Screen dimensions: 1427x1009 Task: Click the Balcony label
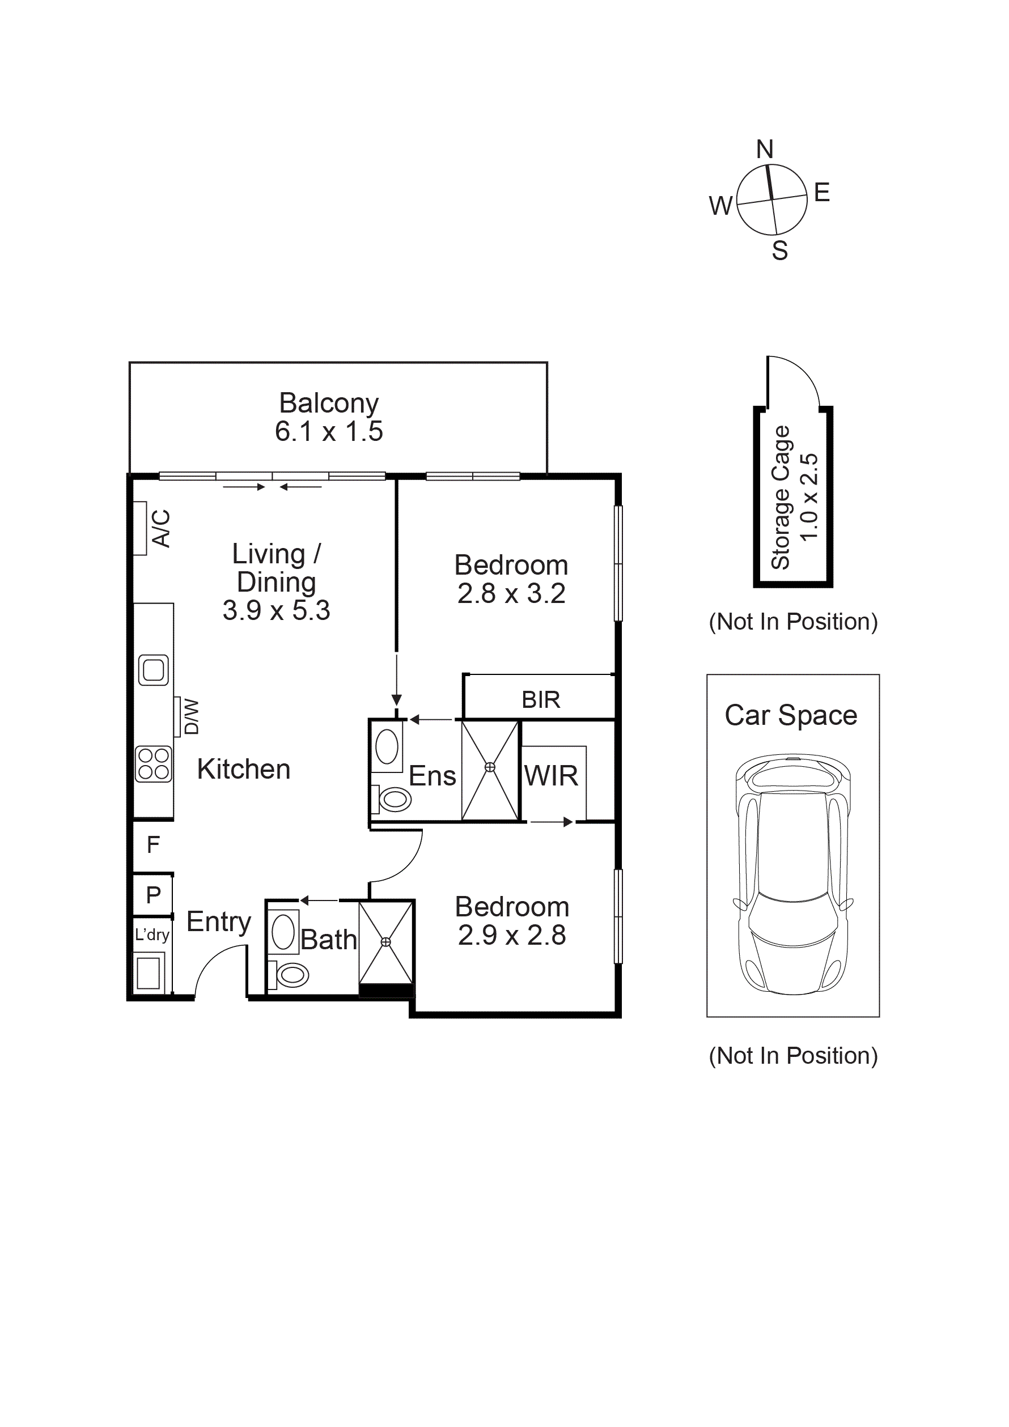(328, 403)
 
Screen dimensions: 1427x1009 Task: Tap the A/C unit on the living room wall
(141, 528)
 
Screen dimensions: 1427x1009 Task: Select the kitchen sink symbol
(154, 670)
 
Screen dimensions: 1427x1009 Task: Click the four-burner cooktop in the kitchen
(154, 764)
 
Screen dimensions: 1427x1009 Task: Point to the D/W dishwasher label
(192, 716)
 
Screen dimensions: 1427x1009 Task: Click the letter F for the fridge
(153, 844)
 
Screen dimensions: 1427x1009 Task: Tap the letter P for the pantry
(153, 895)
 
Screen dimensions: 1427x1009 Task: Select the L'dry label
(152, 935)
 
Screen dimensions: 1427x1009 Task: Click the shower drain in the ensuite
(490, 767)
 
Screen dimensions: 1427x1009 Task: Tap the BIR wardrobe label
(540, 700)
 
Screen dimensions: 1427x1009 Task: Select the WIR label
(551, 776)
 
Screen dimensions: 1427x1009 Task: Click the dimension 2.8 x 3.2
(511, 593)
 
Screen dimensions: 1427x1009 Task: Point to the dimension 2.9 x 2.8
(512, 936)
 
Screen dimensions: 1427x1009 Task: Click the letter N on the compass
(765, 149)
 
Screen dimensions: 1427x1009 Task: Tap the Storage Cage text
(781, 497)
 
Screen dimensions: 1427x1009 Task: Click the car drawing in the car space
(792, 876)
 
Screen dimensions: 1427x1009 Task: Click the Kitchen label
(244, 770)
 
